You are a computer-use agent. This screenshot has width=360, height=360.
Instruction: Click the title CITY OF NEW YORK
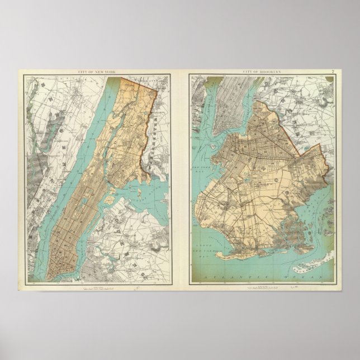pos(96,72)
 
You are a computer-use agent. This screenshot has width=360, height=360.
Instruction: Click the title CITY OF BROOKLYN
pos(260,72)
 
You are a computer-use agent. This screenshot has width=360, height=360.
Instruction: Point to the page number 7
pos(333,72)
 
